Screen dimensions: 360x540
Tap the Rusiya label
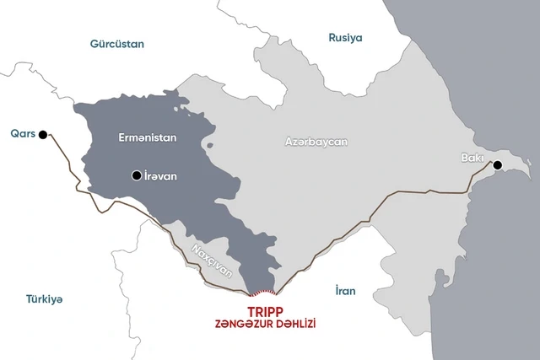coord(345,38)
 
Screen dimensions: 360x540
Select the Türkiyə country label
coord(44,299)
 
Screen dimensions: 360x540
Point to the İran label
coord(345,291)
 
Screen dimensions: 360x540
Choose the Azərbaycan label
coord(316,142)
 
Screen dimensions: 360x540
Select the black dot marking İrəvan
coord(136,175)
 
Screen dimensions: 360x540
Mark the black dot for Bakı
coord(498,164)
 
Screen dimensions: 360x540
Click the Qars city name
coord(22,133)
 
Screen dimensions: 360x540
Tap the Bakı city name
coord(473,157)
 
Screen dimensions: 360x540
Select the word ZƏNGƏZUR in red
coord(246,325)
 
